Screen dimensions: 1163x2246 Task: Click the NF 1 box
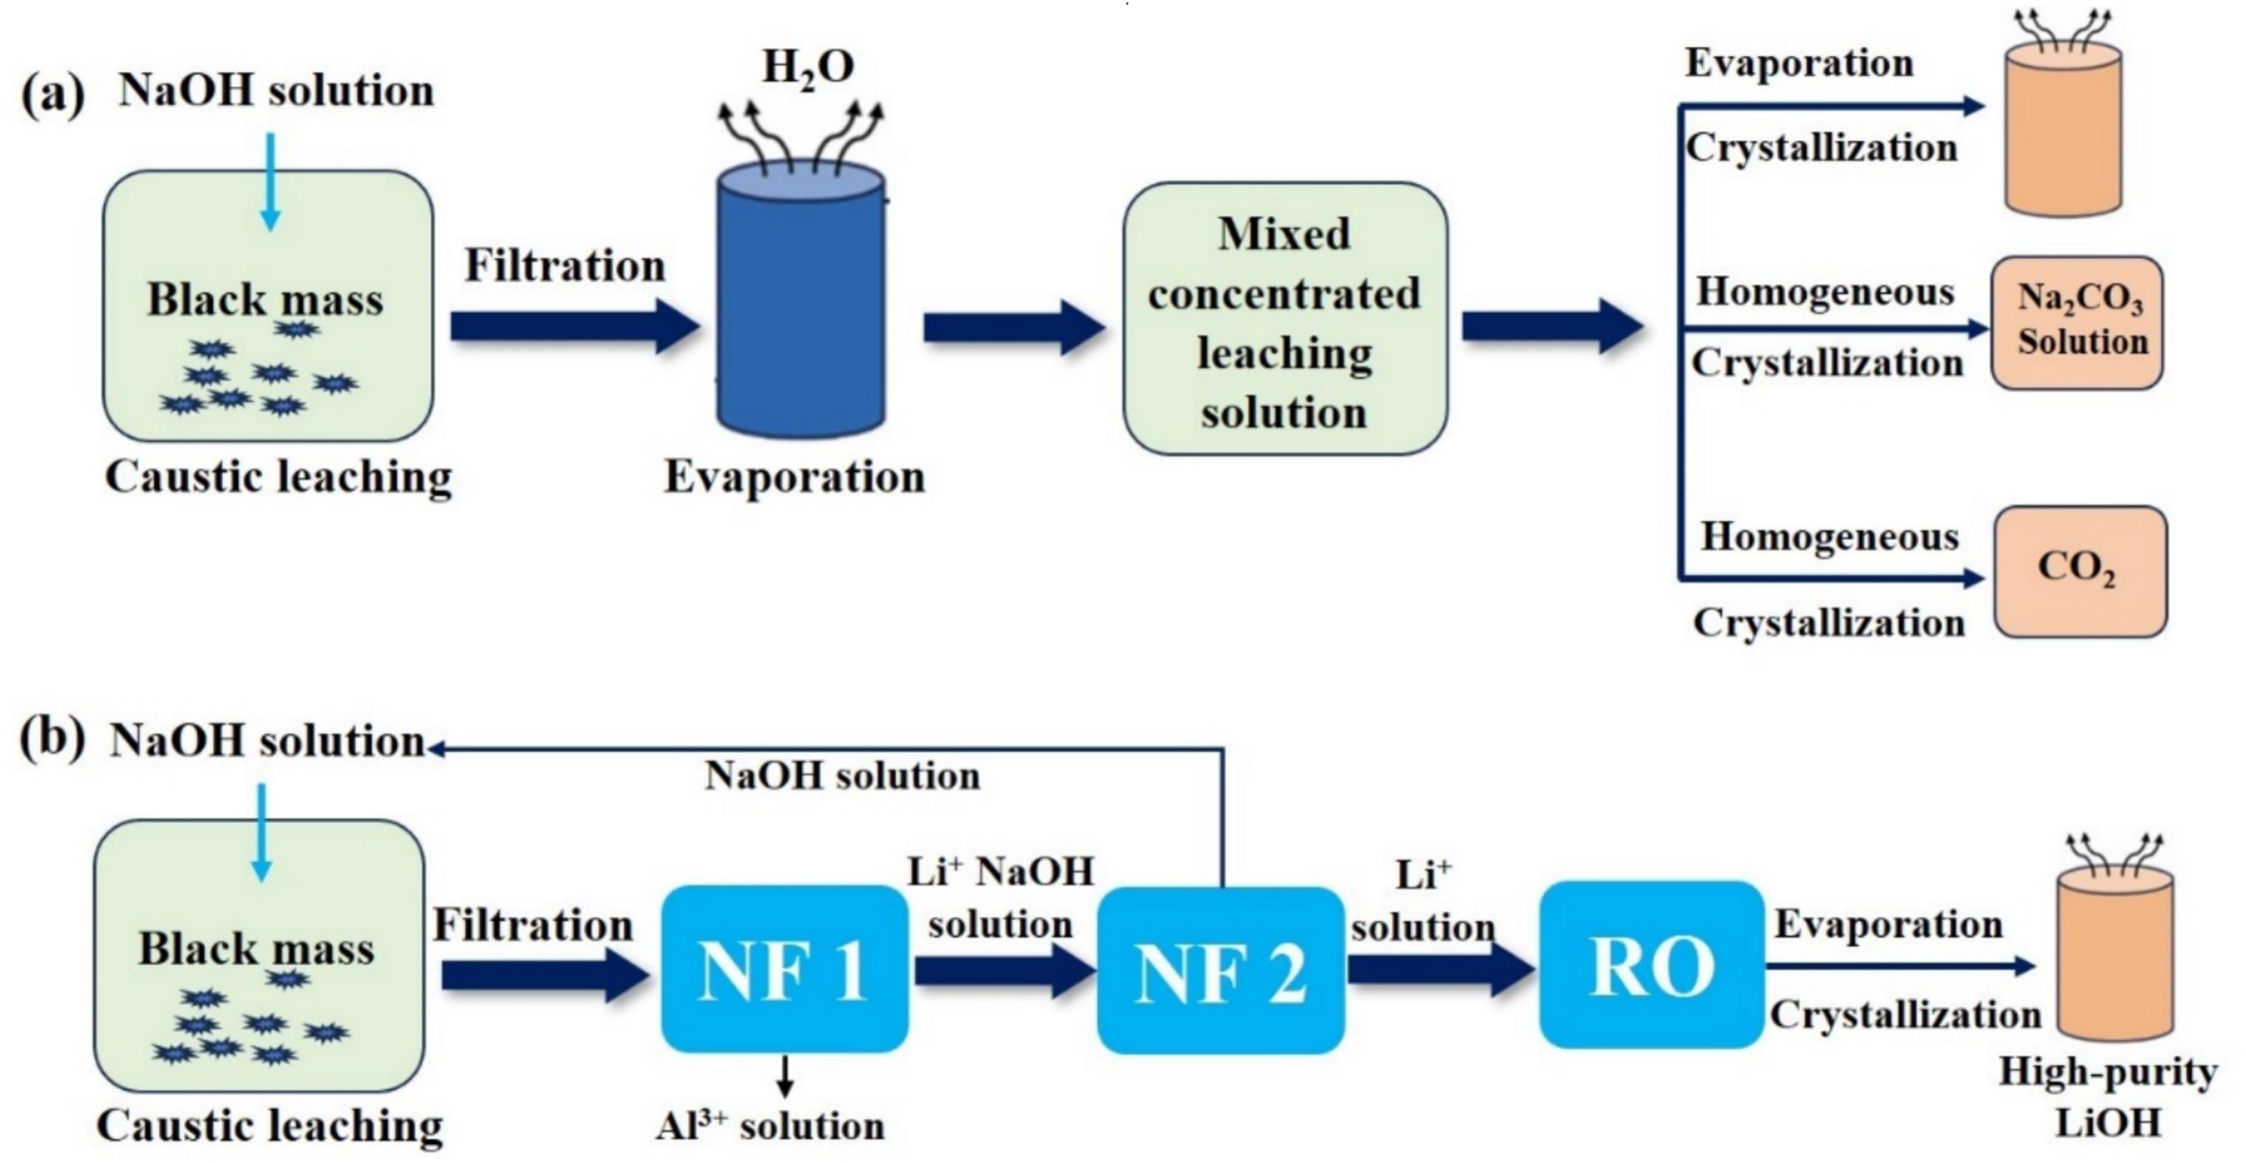(x=784, y=969)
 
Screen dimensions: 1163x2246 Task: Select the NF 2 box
(x=1220, y=970)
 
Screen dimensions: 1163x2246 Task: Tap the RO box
(x=1651, y=964)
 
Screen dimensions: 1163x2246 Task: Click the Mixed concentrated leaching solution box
(x=1284, y=319)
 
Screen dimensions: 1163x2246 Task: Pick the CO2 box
(x=2080, y=572)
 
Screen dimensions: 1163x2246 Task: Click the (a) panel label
(x=52, y=93)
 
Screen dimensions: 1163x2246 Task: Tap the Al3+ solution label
(x=770, y=1125)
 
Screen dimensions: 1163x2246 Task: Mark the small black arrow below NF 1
(x=785, y=1076)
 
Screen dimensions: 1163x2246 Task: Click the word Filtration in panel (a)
(x=564, y=265)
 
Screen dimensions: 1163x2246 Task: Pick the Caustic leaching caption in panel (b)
(x=270, y=1125)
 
